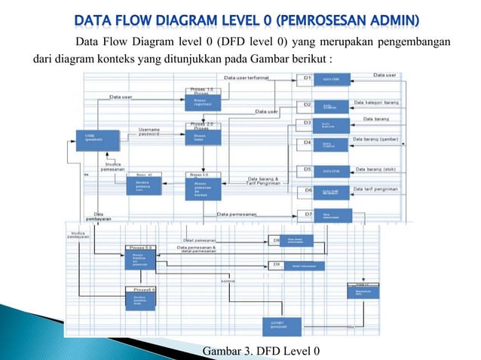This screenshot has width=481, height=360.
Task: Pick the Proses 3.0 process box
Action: point(203,187)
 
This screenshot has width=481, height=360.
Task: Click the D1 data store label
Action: point(307,78)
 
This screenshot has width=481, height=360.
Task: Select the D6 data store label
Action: point(307,191)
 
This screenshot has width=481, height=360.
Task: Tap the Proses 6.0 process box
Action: point(142,300)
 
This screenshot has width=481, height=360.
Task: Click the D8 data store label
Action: point(276,241)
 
